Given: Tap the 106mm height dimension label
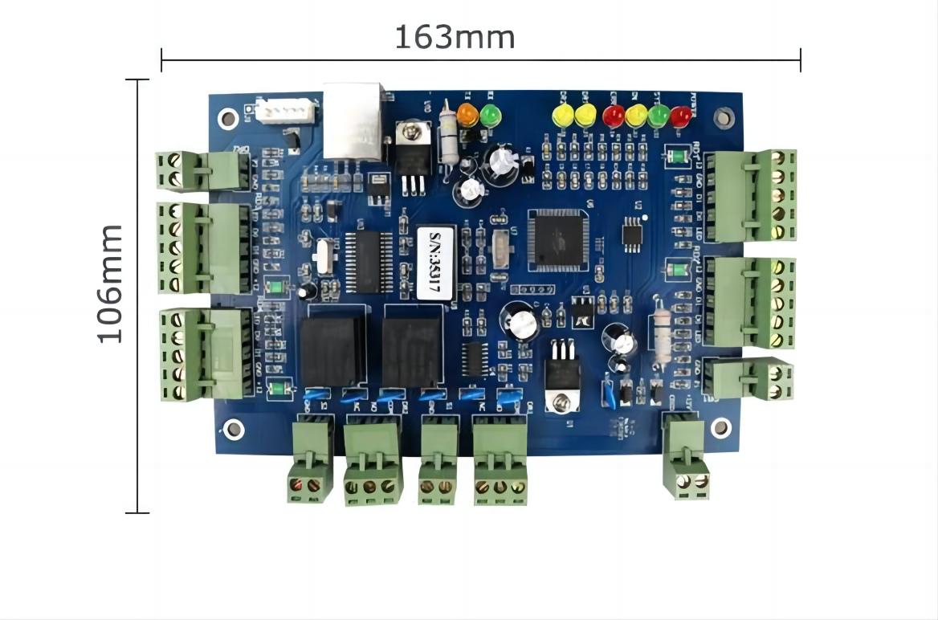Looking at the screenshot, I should (110, 283).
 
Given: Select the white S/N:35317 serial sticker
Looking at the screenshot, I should (436, 263).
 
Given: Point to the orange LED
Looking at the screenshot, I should (467, 116).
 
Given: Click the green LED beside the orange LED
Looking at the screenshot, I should (490, 116).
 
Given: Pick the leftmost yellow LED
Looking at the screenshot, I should (564, 116).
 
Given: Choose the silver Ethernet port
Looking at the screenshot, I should (353, 120).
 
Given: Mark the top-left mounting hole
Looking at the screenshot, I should (229, 119).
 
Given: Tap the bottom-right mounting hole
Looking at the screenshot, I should (720, 427).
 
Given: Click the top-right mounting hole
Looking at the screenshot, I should (724, 117).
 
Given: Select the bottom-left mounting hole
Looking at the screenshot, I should (234, 429).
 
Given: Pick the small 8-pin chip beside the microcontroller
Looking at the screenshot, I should (634, 233).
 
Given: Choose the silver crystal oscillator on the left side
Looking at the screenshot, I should (322, 257).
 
